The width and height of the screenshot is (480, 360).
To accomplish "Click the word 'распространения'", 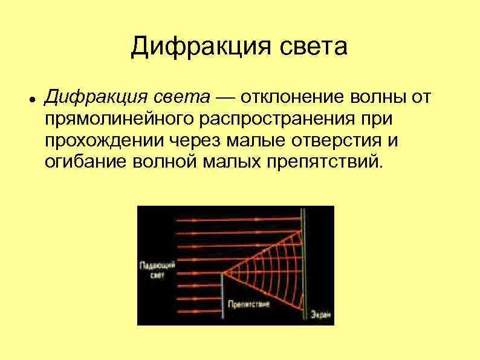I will [264, 120].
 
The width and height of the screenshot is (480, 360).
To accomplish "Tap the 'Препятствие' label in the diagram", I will [245, 304].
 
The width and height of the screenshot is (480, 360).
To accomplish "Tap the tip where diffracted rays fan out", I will [222, 273].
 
